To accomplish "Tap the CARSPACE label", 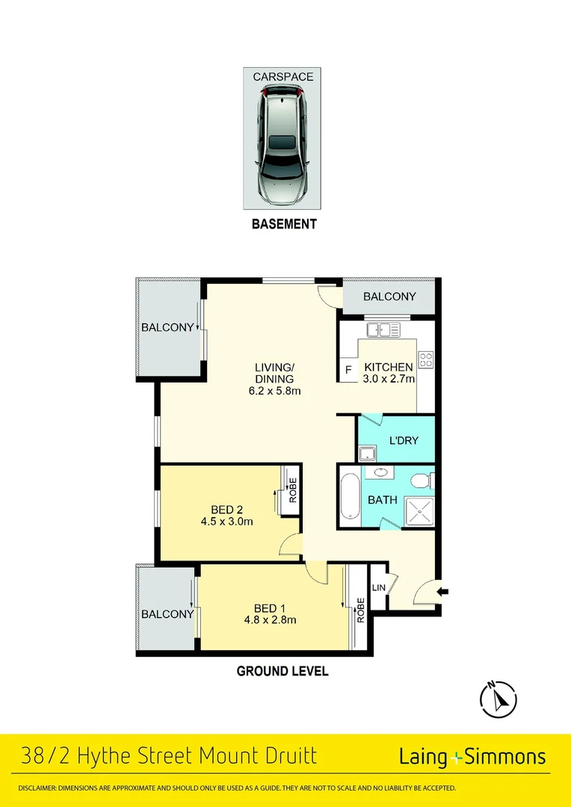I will (283, 77).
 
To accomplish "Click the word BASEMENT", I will (283, 223).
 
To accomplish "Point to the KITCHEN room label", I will (388, 367).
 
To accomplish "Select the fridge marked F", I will (348, 369).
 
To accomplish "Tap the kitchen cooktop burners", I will (426, 359).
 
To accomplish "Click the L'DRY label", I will (404, 440).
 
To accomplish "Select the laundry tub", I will (367, 453).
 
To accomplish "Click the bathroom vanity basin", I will (380, 472).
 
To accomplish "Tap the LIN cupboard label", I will (379, 587).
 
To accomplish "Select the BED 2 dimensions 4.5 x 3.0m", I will (226, 522).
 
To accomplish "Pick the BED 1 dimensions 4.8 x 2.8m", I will (270, 619).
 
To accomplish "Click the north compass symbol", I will (499, 699).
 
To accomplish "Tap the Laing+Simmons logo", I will (472, 756).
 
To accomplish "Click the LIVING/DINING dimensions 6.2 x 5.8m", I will (274, 391).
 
